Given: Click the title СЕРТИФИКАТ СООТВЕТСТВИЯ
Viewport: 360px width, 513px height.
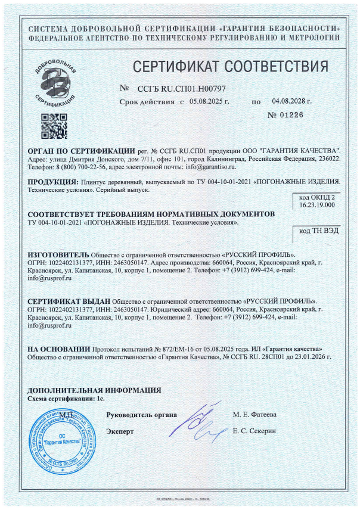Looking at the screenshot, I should coord(229,65).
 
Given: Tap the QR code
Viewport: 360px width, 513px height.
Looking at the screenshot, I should coord(53,125).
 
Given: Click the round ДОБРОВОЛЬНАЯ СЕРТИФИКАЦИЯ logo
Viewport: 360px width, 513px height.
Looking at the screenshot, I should coord(54,80).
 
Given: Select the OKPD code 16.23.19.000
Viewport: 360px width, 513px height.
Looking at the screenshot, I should coord(317,205).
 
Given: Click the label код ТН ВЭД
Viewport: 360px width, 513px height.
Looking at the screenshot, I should coord(317,231).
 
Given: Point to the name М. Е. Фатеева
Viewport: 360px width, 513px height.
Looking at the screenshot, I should coord(255,414).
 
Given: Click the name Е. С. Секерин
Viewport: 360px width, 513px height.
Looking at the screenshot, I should coord(255,430).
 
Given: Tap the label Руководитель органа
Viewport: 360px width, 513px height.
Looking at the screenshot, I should coord(141,414).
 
